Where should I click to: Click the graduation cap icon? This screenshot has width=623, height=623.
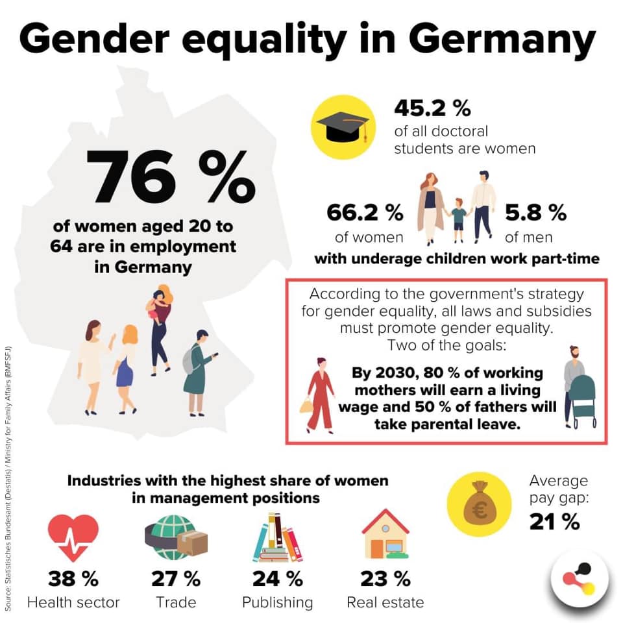343,127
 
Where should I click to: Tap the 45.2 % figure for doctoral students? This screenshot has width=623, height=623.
432,108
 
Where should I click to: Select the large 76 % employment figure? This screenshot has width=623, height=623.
171,177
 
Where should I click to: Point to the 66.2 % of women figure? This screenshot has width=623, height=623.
365,213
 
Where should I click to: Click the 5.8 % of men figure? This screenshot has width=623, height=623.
535,213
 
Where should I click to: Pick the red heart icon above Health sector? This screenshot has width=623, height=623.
73,537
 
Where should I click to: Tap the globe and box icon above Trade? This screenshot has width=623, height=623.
176,537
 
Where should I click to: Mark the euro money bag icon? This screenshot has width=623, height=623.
480,504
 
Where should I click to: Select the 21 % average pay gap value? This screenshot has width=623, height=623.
555,522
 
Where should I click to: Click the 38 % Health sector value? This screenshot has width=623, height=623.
73,578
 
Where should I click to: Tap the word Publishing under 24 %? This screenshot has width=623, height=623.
277,603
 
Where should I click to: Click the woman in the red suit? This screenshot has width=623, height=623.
319,395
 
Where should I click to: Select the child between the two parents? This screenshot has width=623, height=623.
459,220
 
